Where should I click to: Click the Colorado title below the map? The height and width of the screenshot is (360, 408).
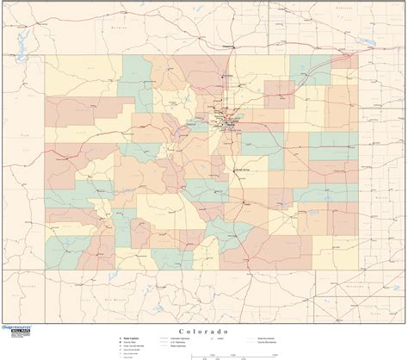click(x=204, y=332)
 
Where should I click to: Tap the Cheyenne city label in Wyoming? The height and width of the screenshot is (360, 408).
click(x=227, y=46)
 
